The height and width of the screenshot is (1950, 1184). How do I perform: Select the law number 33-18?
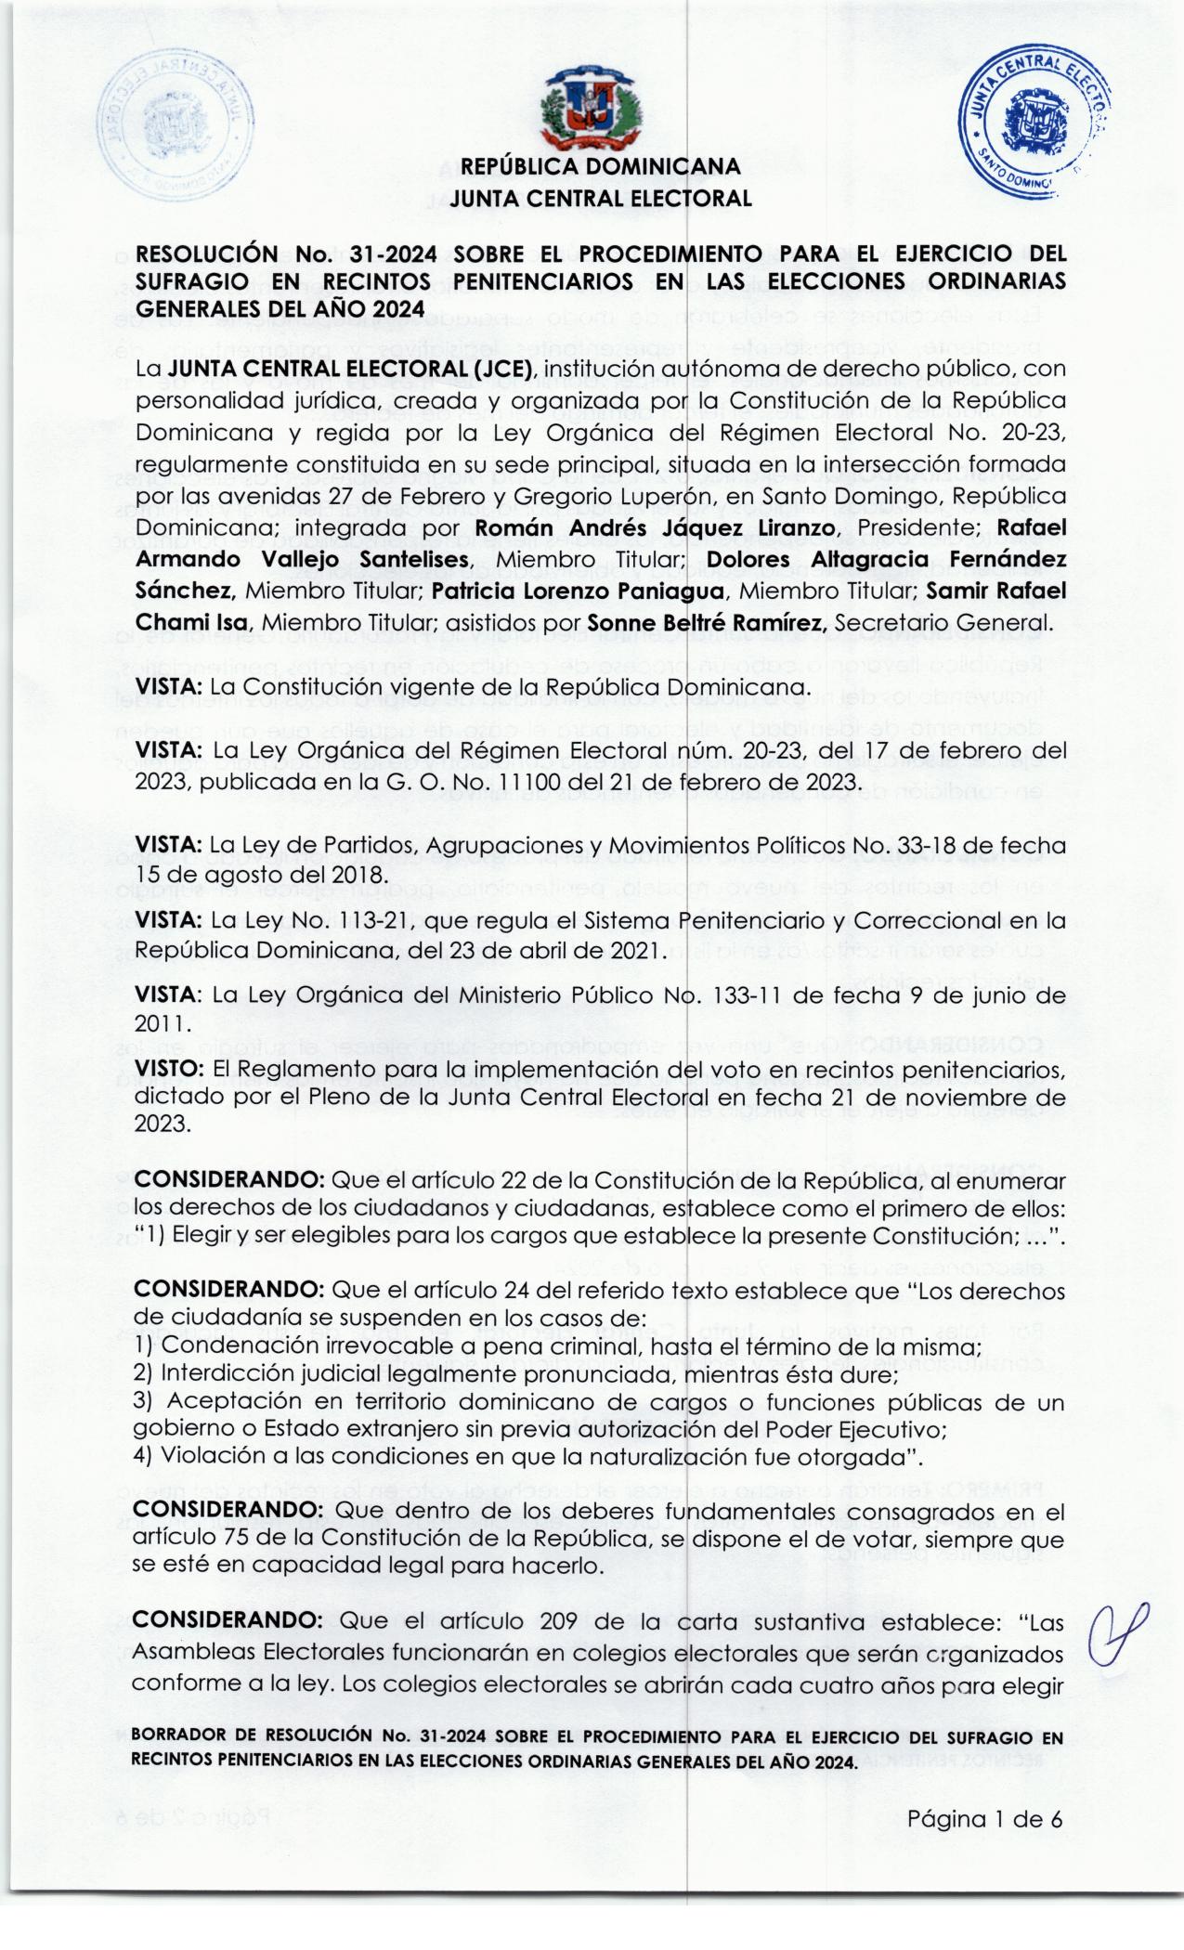tap(938, 846)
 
